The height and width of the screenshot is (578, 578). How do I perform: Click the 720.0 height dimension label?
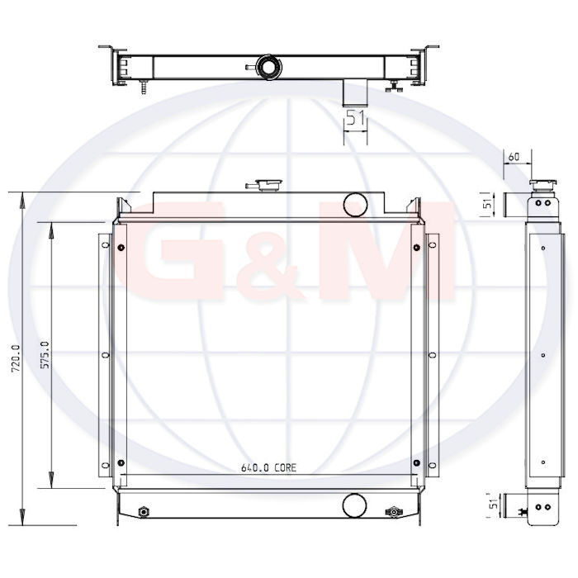click(16, 358)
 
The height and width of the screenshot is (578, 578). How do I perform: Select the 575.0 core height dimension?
click(45, 355)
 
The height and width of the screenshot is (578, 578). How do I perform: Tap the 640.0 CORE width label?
click(268, 468)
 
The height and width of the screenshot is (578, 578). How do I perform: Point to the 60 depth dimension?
click(514, 157)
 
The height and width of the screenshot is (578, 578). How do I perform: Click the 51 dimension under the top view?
click(356, 118)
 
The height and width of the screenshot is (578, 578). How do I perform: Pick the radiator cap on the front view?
click(269, 184)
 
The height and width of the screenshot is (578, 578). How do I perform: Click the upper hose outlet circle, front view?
click(355, 204)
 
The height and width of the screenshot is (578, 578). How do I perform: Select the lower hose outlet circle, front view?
click(354, 505)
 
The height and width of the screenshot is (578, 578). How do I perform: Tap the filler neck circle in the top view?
click(269, 67)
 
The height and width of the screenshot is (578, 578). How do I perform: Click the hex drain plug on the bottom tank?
click(144, 512)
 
